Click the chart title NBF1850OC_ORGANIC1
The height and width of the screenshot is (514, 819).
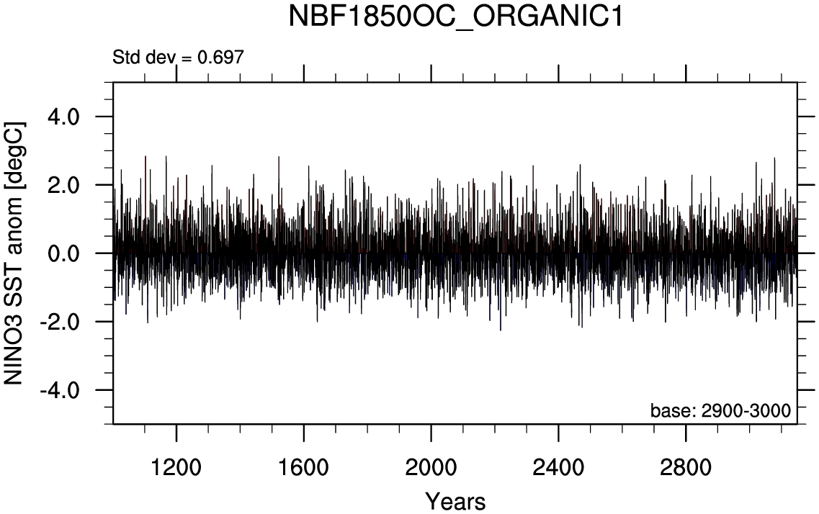[x=455, y=17]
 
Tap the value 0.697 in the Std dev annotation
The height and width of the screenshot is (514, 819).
[x=221, y=57]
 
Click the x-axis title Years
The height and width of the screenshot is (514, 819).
[x=455, y=501]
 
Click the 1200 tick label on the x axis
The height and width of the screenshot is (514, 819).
[x=176, y=467]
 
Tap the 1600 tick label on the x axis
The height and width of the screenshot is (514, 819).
[x=304, y=467]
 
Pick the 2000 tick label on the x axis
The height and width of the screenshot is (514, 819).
[x=431, y=467]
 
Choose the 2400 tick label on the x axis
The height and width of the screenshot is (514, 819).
[x=558, y=467]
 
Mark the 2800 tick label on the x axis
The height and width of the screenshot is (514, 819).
[x=686, y=467]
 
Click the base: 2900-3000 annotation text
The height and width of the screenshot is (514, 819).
[x=721, y=411]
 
